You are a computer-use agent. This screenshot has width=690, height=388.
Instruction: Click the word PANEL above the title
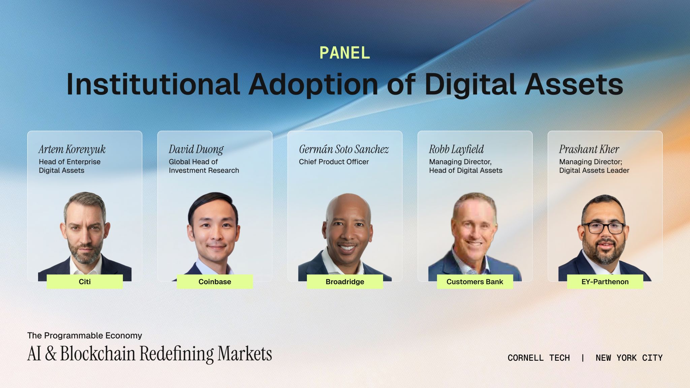345,53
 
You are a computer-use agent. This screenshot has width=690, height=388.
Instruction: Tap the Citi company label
85,282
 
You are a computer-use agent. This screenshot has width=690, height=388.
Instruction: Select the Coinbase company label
215,282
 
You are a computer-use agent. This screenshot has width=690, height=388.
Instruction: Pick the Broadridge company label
345,282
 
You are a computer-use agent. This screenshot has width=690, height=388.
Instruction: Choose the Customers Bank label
475,282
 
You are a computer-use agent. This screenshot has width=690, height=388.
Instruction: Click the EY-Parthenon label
605,282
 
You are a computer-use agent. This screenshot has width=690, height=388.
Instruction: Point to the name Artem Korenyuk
72,149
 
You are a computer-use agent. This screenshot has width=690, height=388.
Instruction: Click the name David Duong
196,149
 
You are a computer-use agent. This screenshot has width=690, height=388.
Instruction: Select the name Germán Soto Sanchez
344,149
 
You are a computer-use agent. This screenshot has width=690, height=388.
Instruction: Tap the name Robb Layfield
456,149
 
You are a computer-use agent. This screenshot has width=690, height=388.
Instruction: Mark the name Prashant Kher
589,149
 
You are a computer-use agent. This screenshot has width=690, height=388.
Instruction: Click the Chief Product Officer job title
334,162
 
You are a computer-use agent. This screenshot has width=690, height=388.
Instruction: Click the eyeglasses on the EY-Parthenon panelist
603,228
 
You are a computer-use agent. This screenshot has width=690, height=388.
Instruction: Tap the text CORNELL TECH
539,358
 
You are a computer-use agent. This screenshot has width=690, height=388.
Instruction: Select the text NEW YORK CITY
629,358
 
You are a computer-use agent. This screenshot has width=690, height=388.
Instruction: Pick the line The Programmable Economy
85,335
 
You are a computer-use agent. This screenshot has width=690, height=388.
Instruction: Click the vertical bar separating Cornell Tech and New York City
583,358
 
